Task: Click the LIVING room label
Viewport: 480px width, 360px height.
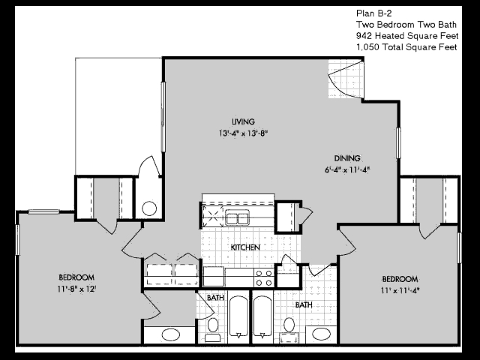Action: click(x=243, y=121)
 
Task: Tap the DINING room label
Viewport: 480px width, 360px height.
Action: click(x=347, y=158)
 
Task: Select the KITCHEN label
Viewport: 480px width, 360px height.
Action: click(x=245, y=247)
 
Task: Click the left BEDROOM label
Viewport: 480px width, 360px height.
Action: click(x=76, y=277)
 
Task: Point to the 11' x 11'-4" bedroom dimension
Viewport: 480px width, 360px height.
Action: click(x=400, y=290)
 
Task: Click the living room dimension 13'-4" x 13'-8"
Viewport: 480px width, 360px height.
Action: click(x=243, y=133)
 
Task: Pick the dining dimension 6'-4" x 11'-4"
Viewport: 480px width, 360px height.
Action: click(x=347, y=169)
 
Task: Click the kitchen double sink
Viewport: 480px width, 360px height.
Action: click(x=237, y=218)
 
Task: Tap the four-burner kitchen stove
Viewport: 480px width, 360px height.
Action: click(x=264, y=278)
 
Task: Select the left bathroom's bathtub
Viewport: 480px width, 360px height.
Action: click(x=238, y=316)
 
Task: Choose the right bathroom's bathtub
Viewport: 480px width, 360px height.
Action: click(x=262, y=316)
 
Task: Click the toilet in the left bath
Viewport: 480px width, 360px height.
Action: click(x=213, y=330)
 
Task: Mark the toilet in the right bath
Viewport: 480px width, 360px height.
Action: click(x=289, y=330)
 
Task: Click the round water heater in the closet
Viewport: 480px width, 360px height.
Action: click(x=149, y=208)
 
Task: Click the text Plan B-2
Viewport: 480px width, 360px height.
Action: click(x=373, y=13)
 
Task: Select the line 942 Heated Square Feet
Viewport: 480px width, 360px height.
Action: click(x=407, y=36)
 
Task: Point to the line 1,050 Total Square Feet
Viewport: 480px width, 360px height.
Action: click(x=406, y=47)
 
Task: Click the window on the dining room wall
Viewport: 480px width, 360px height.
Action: click(x=398, y=143)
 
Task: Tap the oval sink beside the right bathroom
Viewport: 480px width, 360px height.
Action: click(x=321, y=334)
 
